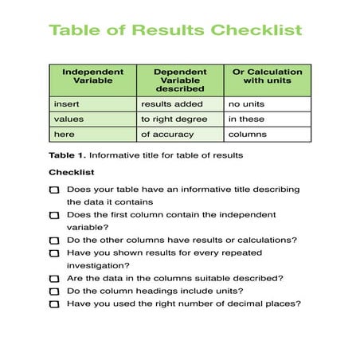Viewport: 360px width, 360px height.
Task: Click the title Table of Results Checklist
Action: point(175,30)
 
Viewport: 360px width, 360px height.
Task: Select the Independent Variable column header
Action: point(92,76)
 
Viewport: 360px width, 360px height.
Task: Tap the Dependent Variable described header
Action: point(179,80)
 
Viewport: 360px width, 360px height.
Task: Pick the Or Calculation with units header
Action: point(266,76)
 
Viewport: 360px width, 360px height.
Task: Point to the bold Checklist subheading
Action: point(72,172)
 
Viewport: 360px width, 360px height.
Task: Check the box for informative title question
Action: point(54,190)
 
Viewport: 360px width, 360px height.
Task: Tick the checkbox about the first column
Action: point(54,215)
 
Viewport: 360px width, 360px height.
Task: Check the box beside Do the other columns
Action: point(54,241)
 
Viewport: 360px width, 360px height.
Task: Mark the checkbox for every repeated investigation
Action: point(54,253)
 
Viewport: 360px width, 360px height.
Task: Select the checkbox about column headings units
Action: point(54,292)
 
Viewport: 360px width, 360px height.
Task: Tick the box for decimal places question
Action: point(54,304)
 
